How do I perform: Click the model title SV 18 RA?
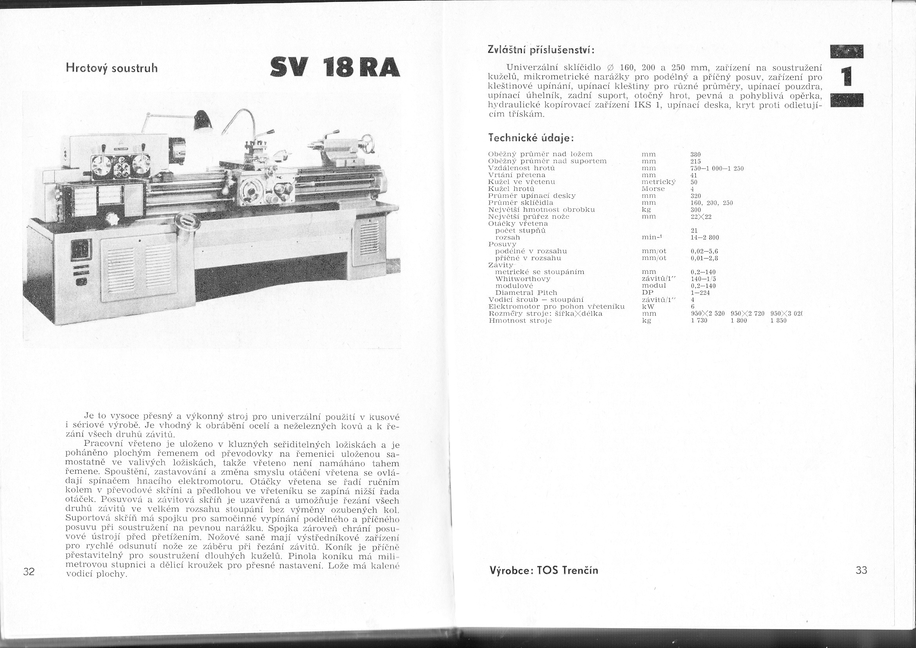(334, 67)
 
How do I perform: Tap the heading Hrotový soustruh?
(112, 68)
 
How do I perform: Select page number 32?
(29, 571)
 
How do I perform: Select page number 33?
(861, 570)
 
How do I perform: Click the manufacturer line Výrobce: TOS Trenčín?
(544, 570)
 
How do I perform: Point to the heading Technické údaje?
(530, 138)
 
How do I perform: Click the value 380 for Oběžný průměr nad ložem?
(695, 154)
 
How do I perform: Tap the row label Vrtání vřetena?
(517, 175)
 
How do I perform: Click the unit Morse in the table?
(653, 189)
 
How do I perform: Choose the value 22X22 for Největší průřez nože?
(701, 217)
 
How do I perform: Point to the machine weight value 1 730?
(699, 321)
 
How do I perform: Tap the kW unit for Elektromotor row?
(648, 307)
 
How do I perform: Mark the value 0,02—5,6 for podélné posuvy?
(704, 252)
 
